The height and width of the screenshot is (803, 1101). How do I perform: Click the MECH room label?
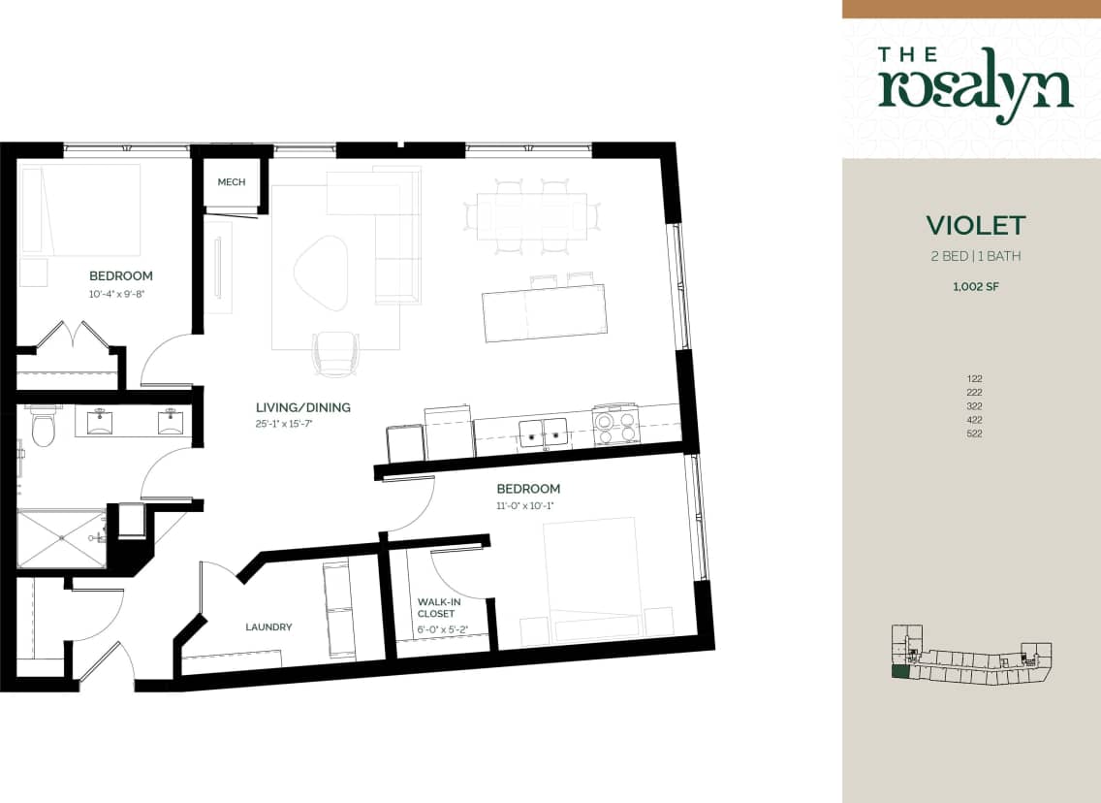[231, 182]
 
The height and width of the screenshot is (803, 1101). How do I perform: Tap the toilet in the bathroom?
[43, 428]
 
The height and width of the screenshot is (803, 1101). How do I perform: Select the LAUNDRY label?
[268, 627]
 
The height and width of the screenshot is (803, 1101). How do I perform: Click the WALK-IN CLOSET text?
[436, 607]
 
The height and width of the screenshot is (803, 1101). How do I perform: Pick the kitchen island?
[546, 313]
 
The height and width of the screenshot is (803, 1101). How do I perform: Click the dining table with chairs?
[532, 215]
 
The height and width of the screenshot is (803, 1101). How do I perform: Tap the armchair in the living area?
[336, 351]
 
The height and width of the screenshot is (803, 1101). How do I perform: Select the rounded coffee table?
[320, 272]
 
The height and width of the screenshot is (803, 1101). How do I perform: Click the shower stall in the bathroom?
[61, 538]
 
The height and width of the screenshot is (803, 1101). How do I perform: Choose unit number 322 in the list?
[974, 406]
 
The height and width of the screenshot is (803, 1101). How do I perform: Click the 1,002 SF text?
[974, 286]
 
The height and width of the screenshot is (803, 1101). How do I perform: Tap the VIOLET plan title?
[975, 226]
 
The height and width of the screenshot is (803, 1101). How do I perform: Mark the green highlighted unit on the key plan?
[900, 671]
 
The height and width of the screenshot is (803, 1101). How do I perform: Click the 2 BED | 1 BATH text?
[974, 257]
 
